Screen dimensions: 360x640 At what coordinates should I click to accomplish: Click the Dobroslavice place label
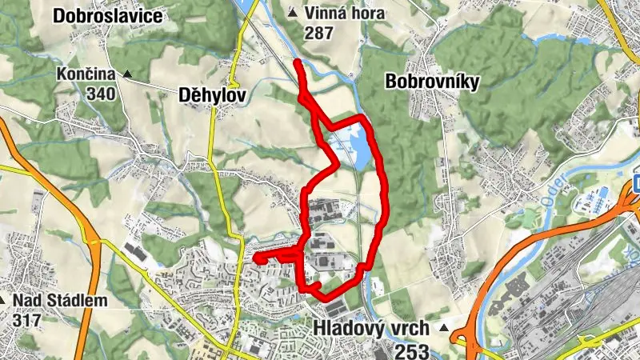(108, 15)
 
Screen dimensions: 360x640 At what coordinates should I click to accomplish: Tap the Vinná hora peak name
(345, 14)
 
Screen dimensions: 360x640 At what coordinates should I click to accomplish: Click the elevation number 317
(26, 319)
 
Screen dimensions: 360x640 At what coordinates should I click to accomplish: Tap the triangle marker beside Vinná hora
(293, 13)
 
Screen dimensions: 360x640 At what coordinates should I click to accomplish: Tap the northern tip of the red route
(297, 62)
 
